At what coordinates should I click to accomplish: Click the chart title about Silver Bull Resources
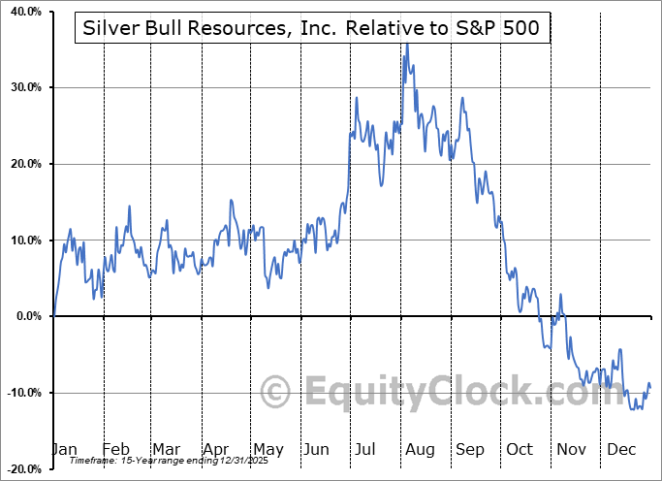pyautogui.click(x=312, y=30)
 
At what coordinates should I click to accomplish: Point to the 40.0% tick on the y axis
pyautogui.click(x=24, y=12)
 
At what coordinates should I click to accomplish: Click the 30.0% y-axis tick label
pyautogui.click(x=24, y=87)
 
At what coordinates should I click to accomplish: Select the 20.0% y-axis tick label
pyautogui.click(x=24, y=164)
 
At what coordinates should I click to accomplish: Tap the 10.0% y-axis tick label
pyautogui.click(x=24, y=240)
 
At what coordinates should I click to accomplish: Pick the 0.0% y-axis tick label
pyautogui.click(x=26, y=316)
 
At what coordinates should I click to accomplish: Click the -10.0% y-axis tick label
pyautogui.click(x=22, y=392)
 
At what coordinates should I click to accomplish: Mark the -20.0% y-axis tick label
pyautogui.click(x=22, y=468)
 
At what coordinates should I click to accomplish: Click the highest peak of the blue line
pyautogui.click(x=407, y=45)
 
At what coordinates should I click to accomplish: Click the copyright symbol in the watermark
pyautogui.click(x=277, y=393)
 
